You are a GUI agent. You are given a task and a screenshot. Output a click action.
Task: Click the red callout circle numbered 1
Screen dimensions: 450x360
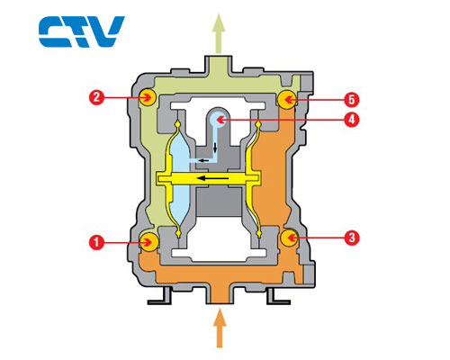point(97,242)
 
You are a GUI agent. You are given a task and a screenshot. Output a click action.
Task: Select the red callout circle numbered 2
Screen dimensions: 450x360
point(96,97)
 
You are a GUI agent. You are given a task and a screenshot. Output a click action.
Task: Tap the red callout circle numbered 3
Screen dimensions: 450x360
point(352,238)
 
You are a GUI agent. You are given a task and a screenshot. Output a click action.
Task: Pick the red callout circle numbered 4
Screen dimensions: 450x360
point(352,120)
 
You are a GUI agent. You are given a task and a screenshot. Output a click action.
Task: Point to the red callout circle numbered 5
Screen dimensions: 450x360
point(352,99)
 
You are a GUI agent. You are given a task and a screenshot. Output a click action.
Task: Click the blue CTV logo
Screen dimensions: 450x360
point(82,31)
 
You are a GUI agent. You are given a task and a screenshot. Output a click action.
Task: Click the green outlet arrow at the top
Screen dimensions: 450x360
point(219,33)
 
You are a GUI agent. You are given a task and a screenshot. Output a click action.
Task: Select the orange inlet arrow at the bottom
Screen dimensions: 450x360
point(220,328)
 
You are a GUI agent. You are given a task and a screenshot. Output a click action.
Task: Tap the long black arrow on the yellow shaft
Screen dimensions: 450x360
point(212,178)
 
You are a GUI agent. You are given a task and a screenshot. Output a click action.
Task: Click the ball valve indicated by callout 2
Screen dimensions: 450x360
point(148,97)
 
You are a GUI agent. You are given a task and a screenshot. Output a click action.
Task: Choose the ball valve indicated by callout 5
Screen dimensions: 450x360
point(286,99)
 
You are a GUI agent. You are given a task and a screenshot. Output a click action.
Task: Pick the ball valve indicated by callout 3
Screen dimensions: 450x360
point(289,238)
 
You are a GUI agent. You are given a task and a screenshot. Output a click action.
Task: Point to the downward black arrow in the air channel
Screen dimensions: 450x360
point(215,148)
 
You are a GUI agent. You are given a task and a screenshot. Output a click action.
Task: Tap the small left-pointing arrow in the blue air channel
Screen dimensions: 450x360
point(204,160)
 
